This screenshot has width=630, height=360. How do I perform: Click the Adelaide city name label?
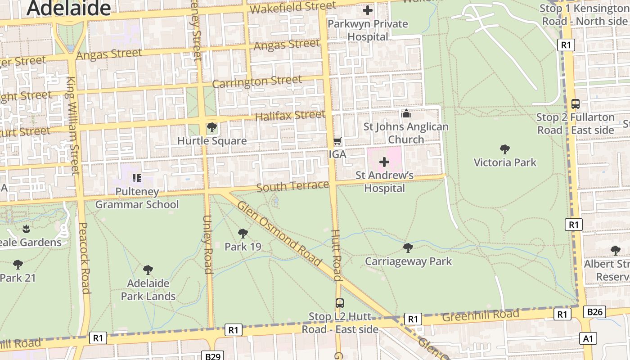tap(68, 8)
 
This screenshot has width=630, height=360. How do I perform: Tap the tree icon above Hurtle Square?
tap(211, 127)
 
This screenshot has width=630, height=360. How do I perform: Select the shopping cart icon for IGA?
tap(337, 141)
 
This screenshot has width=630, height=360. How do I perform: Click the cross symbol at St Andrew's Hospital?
tap(384, 162)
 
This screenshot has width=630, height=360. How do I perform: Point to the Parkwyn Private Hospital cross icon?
tap(368, 10)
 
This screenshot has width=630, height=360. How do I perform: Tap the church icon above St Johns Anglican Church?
tap(406, 113)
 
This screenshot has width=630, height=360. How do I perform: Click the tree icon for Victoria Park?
tap(505, 149)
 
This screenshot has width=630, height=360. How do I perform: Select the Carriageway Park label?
tap(408, 261)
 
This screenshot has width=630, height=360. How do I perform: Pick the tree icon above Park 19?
tap(243, 233)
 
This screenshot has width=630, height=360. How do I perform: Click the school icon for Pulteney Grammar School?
tap(137, 178)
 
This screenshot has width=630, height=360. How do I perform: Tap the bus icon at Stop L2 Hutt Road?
tap(340, 303)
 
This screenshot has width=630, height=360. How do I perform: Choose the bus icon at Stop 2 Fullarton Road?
tap(575, 103)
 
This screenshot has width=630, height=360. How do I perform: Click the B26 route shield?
tap(594, 311)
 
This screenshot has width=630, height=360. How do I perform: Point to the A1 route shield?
tap(588, 338)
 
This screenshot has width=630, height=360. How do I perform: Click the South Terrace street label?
tap(292, 186)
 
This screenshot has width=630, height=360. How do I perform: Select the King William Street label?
tap(73, 126)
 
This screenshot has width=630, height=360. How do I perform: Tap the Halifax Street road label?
tap(290, 116)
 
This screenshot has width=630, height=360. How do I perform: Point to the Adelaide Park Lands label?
tap(148, 290)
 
